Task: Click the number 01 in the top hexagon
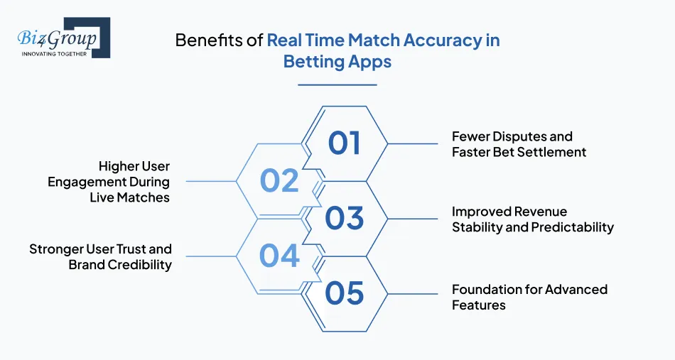345,143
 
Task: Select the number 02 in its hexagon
279,181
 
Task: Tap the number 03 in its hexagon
345,219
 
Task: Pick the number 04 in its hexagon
279,256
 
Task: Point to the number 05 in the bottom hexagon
345,293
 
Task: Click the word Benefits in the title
205,40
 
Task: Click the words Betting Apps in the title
337,62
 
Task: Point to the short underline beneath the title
337,84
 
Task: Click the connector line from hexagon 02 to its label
211,181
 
